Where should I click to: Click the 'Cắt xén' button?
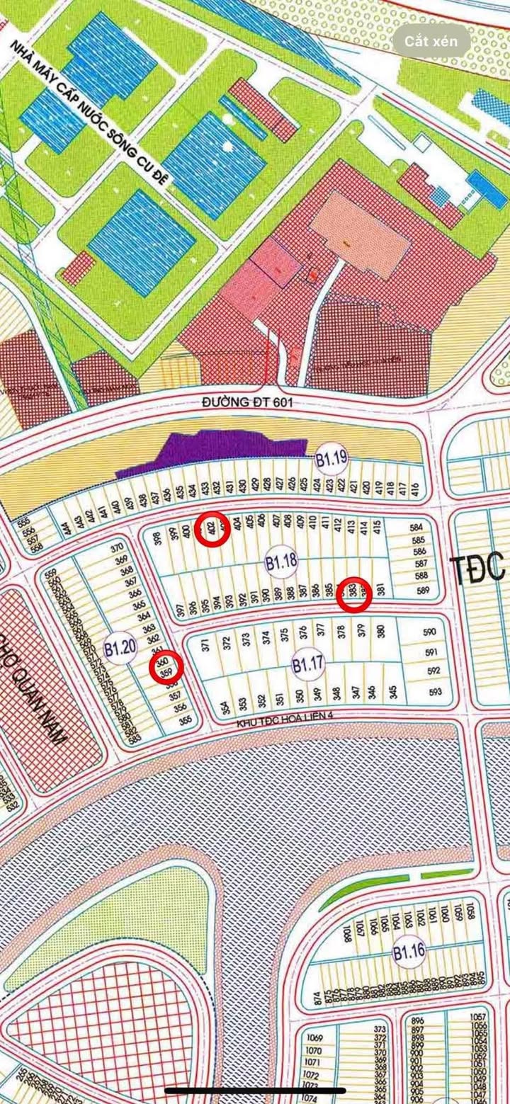[x=431, y=41]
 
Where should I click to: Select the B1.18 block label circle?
[x=281, y=563]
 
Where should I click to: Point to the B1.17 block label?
[x=308, y=664]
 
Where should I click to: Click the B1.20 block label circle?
[x=119, y=647]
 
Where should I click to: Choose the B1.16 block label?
[x=409, y=951]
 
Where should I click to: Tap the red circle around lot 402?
[x=212, y=528]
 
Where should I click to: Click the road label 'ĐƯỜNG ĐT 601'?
[x=246, y=402]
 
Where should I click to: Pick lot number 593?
[x=434, y=691]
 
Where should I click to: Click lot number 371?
[x=206, y=645]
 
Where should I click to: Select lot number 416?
[x=415, y=489]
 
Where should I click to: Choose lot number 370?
[x=117, y=547]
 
